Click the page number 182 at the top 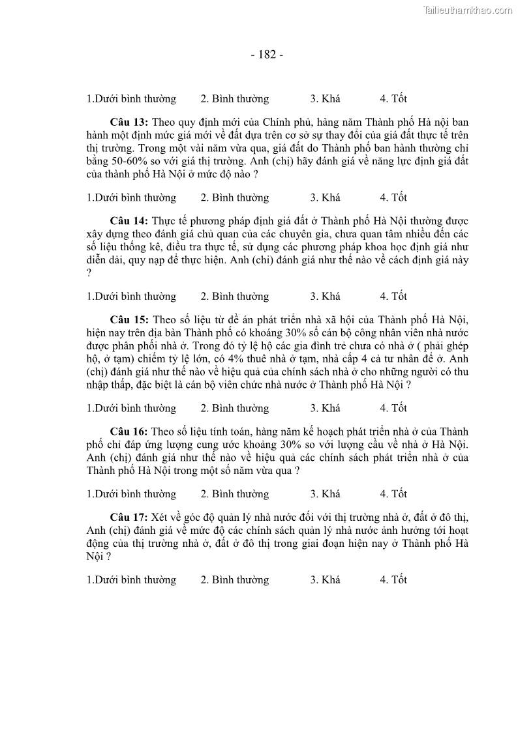pyautogui.click(x=267, y=55)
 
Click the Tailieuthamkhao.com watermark pyautogui.click(x=468, y=10)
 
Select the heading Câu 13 pyautogui.click(x=129, y=123)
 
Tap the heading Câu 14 pyautogui.click(x=129, y=222)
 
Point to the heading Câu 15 pyautogui.click(x=129, y=319)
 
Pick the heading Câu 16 pyautogui.click(x=129, y=432)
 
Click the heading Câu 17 pyautogui.click(x=129, y=518)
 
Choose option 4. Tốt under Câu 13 pyautogui.click(x=393, y=198)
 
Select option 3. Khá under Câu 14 pyautogui.click(x=325, y=296)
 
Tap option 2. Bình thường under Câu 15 pyautogui.click(x=234, y=408)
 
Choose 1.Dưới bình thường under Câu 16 pyautogui.click(x=131, y=494)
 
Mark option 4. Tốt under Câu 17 pyautogui.click(x=393, y=579)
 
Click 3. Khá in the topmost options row pyautogui.click(x=325, y=99)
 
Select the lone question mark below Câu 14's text pyautogui.click(x=89, y=273)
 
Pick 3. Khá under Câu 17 pyautogui.click(x=325, y=579)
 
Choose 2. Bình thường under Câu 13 pyautogui.click(x=234, y=198)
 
